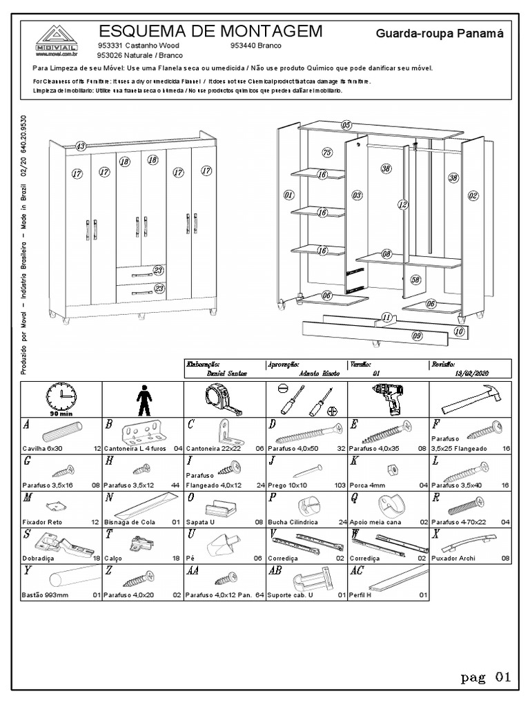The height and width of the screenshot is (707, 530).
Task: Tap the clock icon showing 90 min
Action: point(61,397)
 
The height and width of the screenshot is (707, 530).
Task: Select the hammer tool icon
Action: point(471,399)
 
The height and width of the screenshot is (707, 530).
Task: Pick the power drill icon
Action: point(389,398)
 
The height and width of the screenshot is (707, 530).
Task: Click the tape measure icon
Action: point(224,398)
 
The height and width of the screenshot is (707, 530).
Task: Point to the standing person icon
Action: point(142,398)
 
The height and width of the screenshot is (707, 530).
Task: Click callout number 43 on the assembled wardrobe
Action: point(81,146)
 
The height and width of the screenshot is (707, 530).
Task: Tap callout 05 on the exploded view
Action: point(346,125)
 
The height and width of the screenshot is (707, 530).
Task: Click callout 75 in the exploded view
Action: point(327,153)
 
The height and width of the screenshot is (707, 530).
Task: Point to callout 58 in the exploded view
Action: point(415,280)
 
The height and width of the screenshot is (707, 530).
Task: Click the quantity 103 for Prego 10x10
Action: point(339,486)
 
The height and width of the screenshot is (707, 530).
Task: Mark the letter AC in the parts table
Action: point(357,571)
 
